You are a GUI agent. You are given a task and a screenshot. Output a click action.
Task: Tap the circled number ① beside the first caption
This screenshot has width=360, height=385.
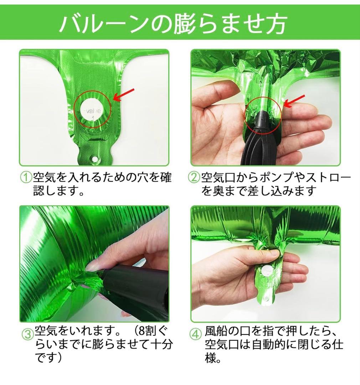click(26, 178)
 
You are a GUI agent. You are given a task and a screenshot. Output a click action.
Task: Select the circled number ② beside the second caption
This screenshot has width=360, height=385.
click(194, 178)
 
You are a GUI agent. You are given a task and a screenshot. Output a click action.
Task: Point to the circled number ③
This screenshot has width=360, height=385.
click(28, 334)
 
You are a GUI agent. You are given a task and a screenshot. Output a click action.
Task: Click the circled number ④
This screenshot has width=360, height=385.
click(196, 334)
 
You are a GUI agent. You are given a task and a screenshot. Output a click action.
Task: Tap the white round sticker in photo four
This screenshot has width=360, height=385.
click(266, 272)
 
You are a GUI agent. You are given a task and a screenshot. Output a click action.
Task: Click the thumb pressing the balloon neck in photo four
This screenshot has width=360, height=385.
click(268, 255)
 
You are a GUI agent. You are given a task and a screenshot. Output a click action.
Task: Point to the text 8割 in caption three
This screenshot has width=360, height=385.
click(147, 331)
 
